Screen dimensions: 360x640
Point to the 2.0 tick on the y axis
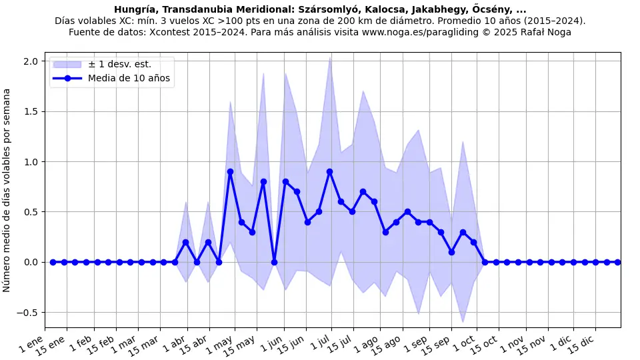click(x=31, y=61)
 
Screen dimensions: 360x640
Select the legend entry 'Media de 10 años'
click(x=129, y=79)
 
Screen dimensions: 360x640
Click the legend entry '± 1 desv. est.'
click(x=120, y=65)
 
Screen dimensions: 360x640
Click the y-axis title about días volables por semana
click(x=7, y=190)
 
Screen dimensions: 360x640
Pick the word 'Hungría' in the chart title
click(x=135, y=9)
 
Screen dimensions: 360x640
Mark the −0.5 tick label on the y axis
click(x=27, y=313)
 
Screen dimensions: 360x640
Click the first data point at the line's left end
click(x=53, y=262)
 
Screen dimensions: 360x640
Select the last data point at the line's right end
click(x=617, y=262)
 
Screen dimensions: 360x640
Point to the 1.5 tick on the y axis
click(x=31, y=111)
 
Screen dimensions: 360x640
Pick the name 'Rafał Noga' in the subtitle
click(x=545, y=31)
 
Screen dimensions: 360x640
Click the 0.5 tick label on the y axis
click(x=31, y=212)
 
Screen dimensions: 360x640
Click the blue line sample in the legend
click(x=67, y=79)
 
